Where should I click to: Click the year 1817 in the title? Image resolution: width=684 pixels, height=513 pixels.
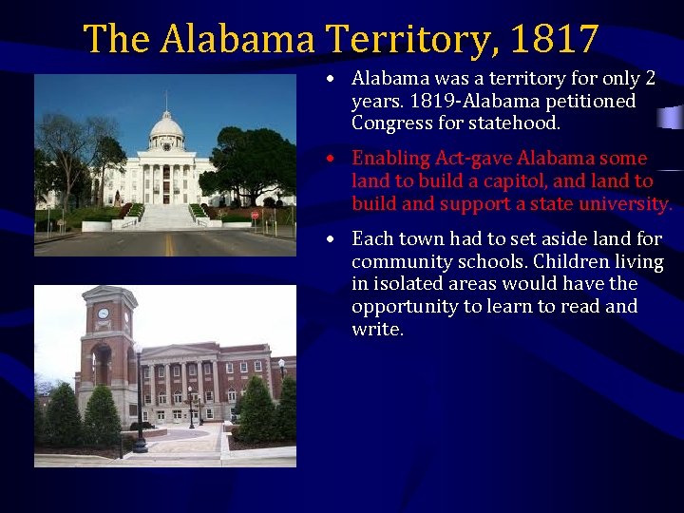pos(554,40)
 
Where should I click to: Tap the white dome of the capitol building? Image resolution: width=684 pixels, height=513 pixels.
pos(166,127)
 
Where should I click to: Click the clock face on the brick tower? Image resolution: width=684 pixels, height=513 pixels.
pos(103,313)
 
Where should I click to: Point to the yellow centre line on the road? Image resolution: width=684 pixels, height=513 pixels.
pos(170,245)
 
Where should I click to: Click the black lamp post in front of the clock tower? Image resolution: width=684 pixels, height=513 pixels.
pos(139,399)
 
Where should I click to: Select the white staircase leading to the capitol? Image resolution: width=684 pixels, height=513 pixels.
pos(167,217)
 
